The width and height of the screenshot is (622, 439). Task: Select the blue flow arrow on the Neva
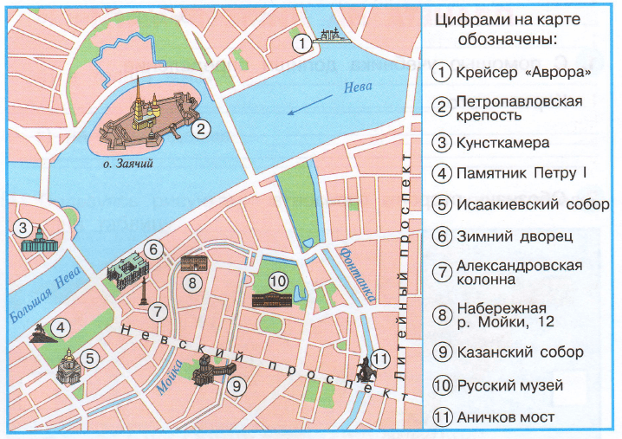(x=308, y=107)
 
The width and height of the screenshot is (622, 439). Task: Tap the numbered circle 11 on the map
(x=381, y=360)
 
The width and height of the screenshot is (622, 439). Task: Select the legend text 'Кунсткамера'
(x=503, y=142)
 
